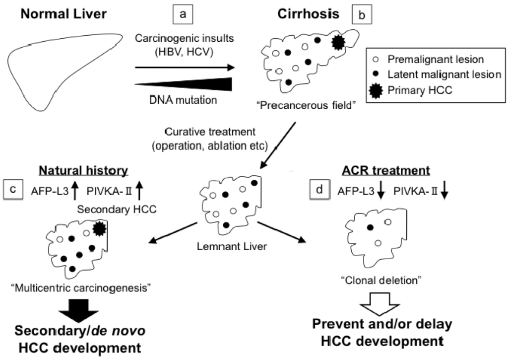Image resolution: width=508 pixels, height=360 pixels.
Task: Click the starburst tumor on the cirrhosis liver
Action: (x=337, y=43)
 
